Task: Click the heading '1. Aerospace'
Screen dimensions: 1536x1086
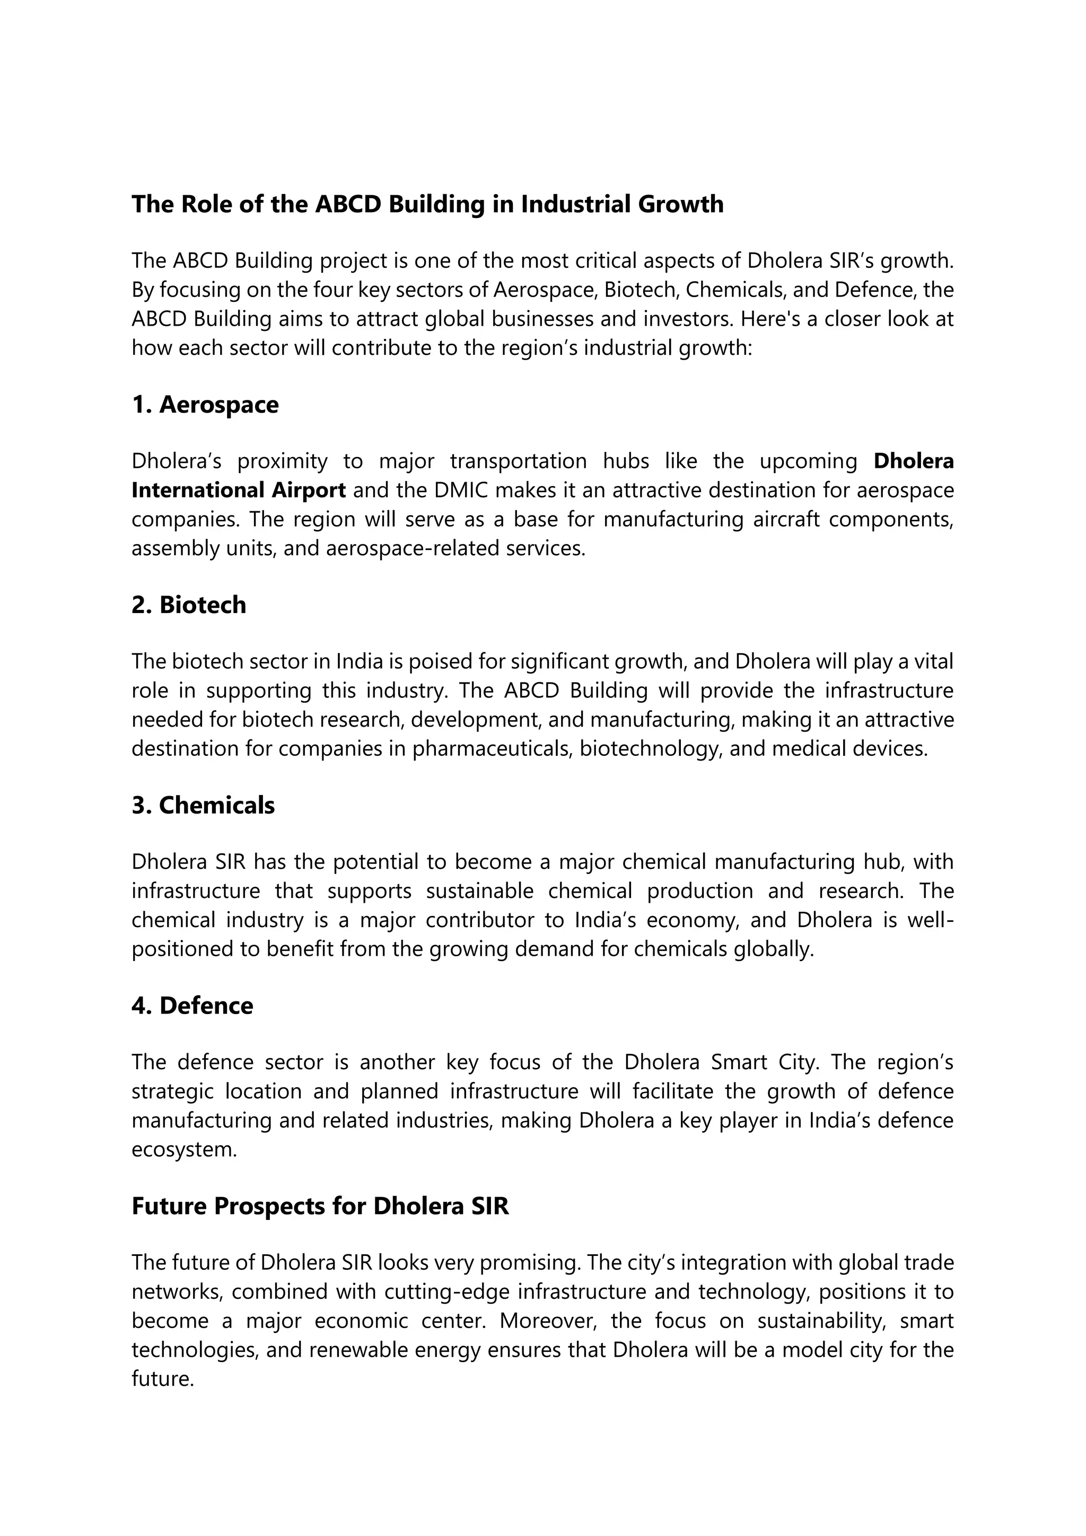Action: tap(205, 405)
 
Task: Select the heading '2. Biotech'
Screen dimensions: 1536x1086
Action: tap(189, 605)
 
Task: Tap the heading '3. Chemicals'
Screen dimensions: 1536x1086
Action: tap(203, 806)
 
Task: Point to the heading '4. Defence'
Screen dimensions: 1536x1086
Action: tap(192, 1006)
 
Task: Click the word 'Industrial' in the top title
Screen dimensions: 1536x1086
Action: tap(575, 204)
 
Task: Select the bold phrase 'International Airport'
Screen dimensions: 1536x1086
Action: tap(238, 491)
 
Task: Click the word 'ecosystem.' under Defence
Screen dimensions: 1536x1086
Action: tap(185, 1150)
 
